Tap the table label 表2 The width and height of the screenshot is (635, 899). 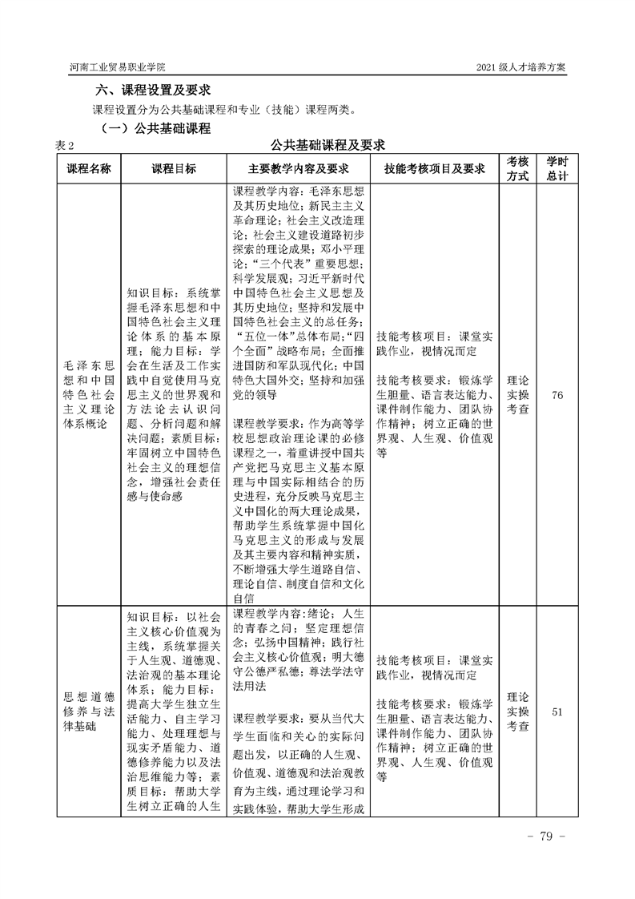coord(64,146)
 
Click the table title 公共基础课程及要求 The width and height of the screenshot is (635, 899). coord(328,145)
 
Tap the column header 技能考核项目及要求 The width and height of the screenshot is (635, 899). coord(435,169)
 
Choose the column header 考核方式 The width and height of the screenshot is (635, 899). coord(518,169)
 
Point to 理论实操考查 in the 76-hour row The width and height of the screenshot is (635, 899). coord(518,395)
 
